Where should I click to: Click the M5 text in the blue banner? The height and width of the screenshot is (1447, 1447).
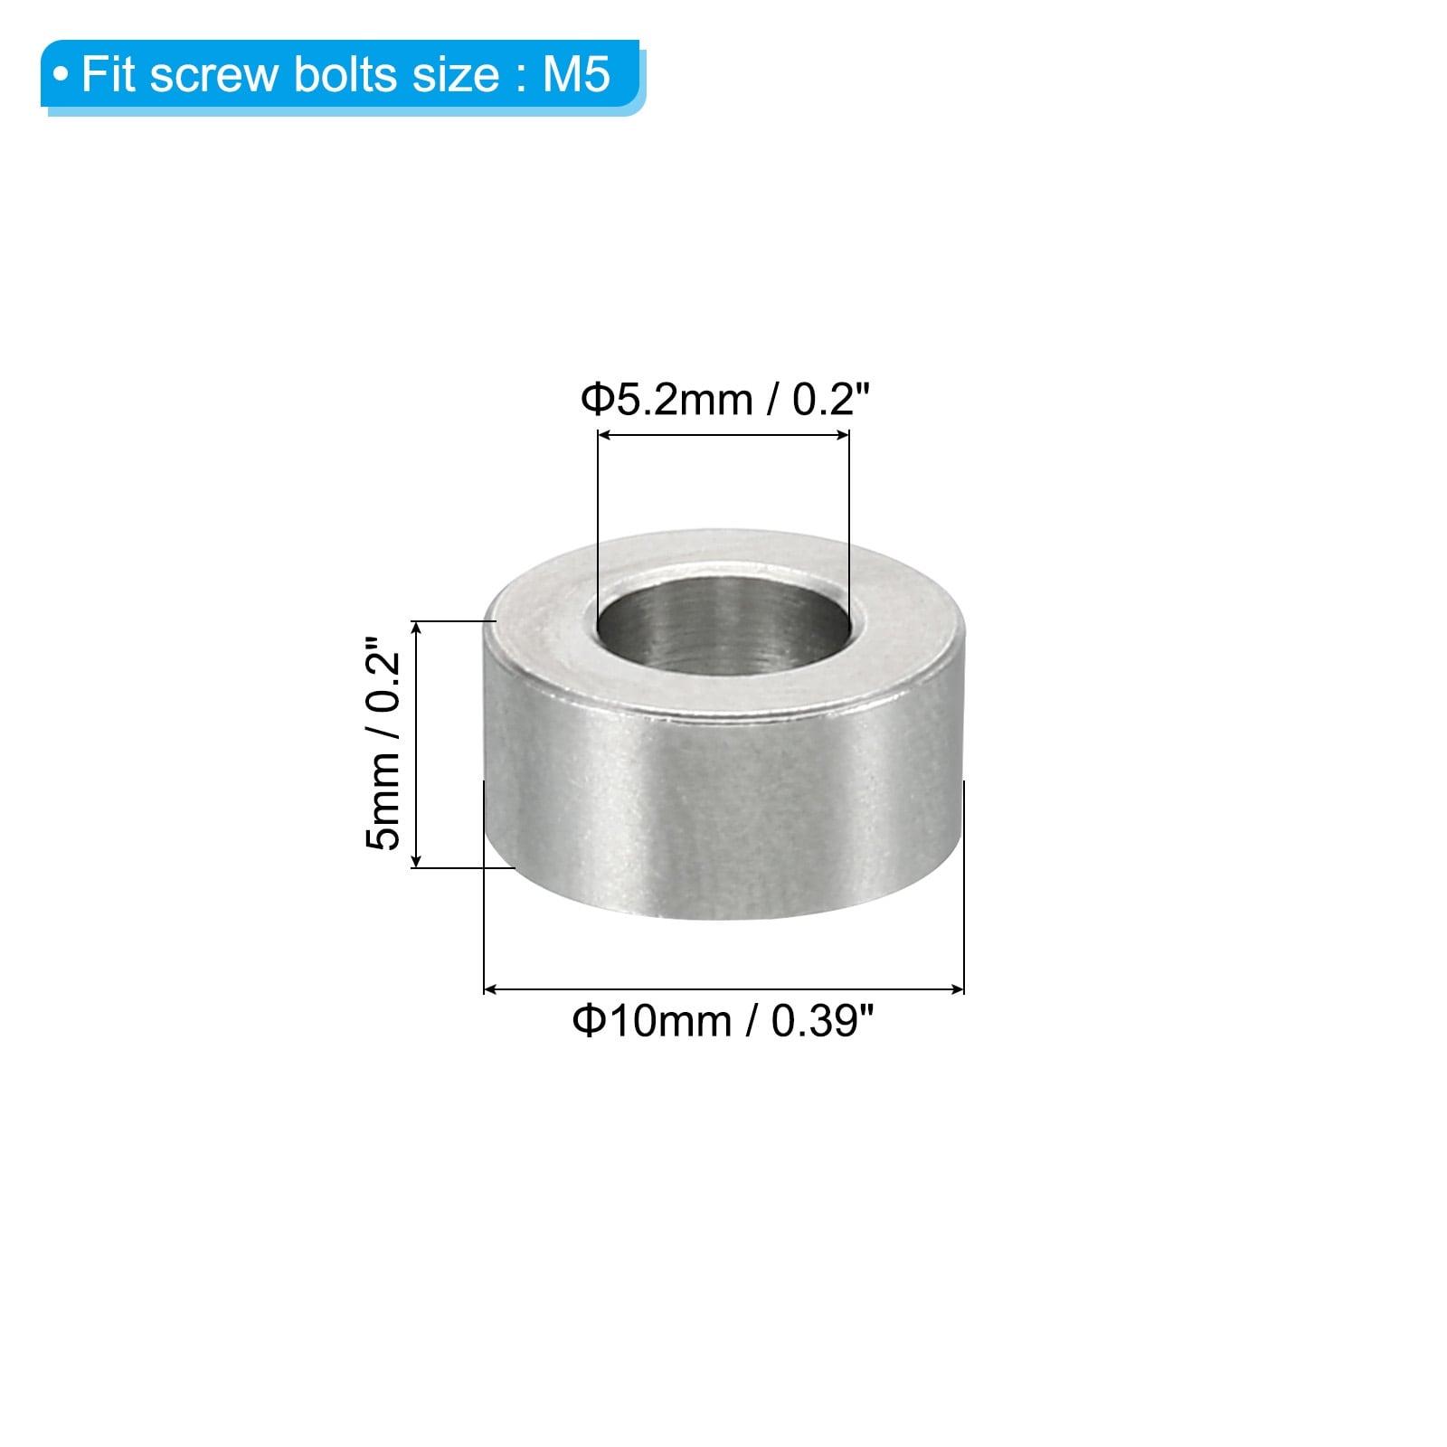576,74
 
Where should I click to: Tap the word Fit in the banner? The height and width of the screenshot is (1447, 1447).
109,74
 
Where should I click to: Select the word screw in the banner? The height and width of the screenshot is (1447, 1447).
214,79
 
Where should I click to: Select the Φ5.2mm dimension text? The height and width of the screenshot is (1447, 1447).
667,399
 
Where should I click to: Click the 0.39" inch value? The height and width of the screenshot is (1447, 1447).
822,1022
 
